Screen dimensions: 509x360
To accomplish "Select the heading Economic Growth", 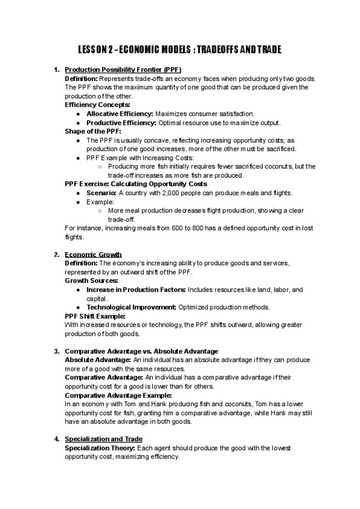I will click(93, 254).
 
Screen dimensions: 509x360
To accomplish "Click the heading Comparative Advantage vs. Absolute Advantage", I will click(141, 351).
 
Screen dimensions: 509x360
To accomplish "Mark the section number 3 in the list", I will click(56, 351).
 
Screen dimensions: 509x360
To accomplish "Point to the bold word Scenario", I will click(101, 193).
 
